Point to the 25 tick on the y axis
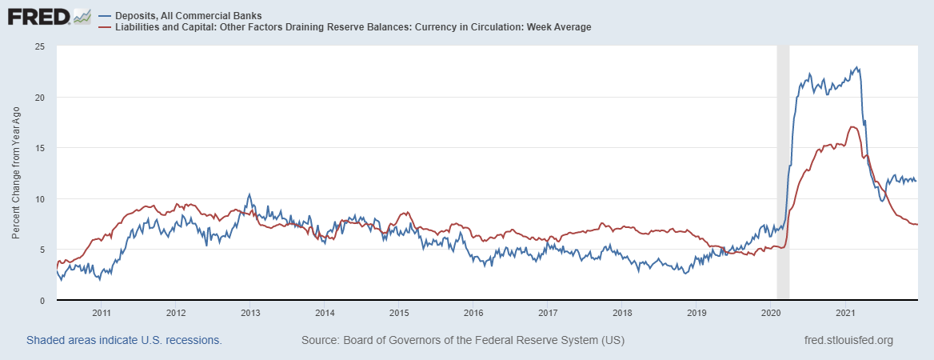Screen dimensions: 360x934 [38, 46]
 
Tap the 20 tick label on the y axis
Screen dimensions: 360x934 [38, 98]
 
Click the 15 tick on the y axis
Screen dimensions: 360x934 [38, 148]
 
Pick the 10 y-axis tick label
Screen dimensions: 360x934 [38, 198]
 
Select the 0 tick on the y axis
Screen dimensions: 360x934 [41, 300]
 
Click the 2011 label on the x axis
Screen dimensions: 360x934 [101, 312]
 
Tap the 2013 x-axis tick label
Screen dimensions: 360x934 [250, 312]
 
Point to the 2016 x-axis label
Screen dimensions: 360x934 [473, 312]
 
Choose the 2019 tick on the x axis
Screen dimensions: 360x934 [697, 312]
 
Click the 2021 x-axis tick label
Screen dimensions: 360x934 [846, 312]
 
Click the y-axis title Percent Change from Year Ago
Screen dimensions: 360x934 [16, 173]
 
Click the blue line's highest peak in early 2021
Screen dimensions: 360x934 [857, 67]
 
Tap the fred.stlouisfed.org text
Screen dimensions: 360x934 [848, 340]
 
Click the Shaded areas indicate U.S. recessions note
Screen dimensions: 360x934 [124, 340]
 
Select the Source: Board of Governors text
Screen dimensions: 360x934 [462, 340]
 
